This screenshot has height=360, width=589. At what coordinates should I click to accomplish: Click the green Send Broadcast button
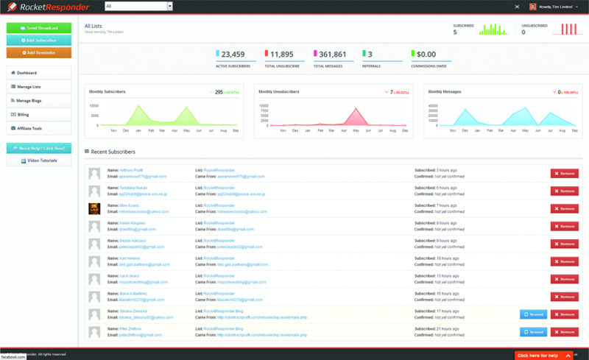tap(39, 28)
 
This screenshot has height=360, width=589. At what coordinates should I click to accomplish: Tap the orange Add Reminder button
tap(39, 52)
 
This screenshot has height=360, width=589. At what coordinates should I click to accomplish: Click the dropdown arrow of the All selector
tap(170, 6)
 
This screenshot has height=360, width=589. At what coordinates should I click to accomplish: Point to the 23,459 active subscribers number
tap(233, 54)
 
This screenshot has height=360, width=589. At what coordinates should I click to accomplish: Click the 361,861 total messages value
tap(329, 54)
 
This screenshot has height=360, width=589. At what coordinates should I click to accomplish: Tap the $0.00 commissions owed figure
tap(426, 54)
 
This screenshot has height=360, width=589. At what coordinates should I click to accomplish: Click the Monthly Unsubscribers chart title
tap(278, 91)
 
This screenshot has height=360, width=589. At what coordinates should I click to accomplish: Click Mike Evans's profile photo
tap(94, 208)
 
